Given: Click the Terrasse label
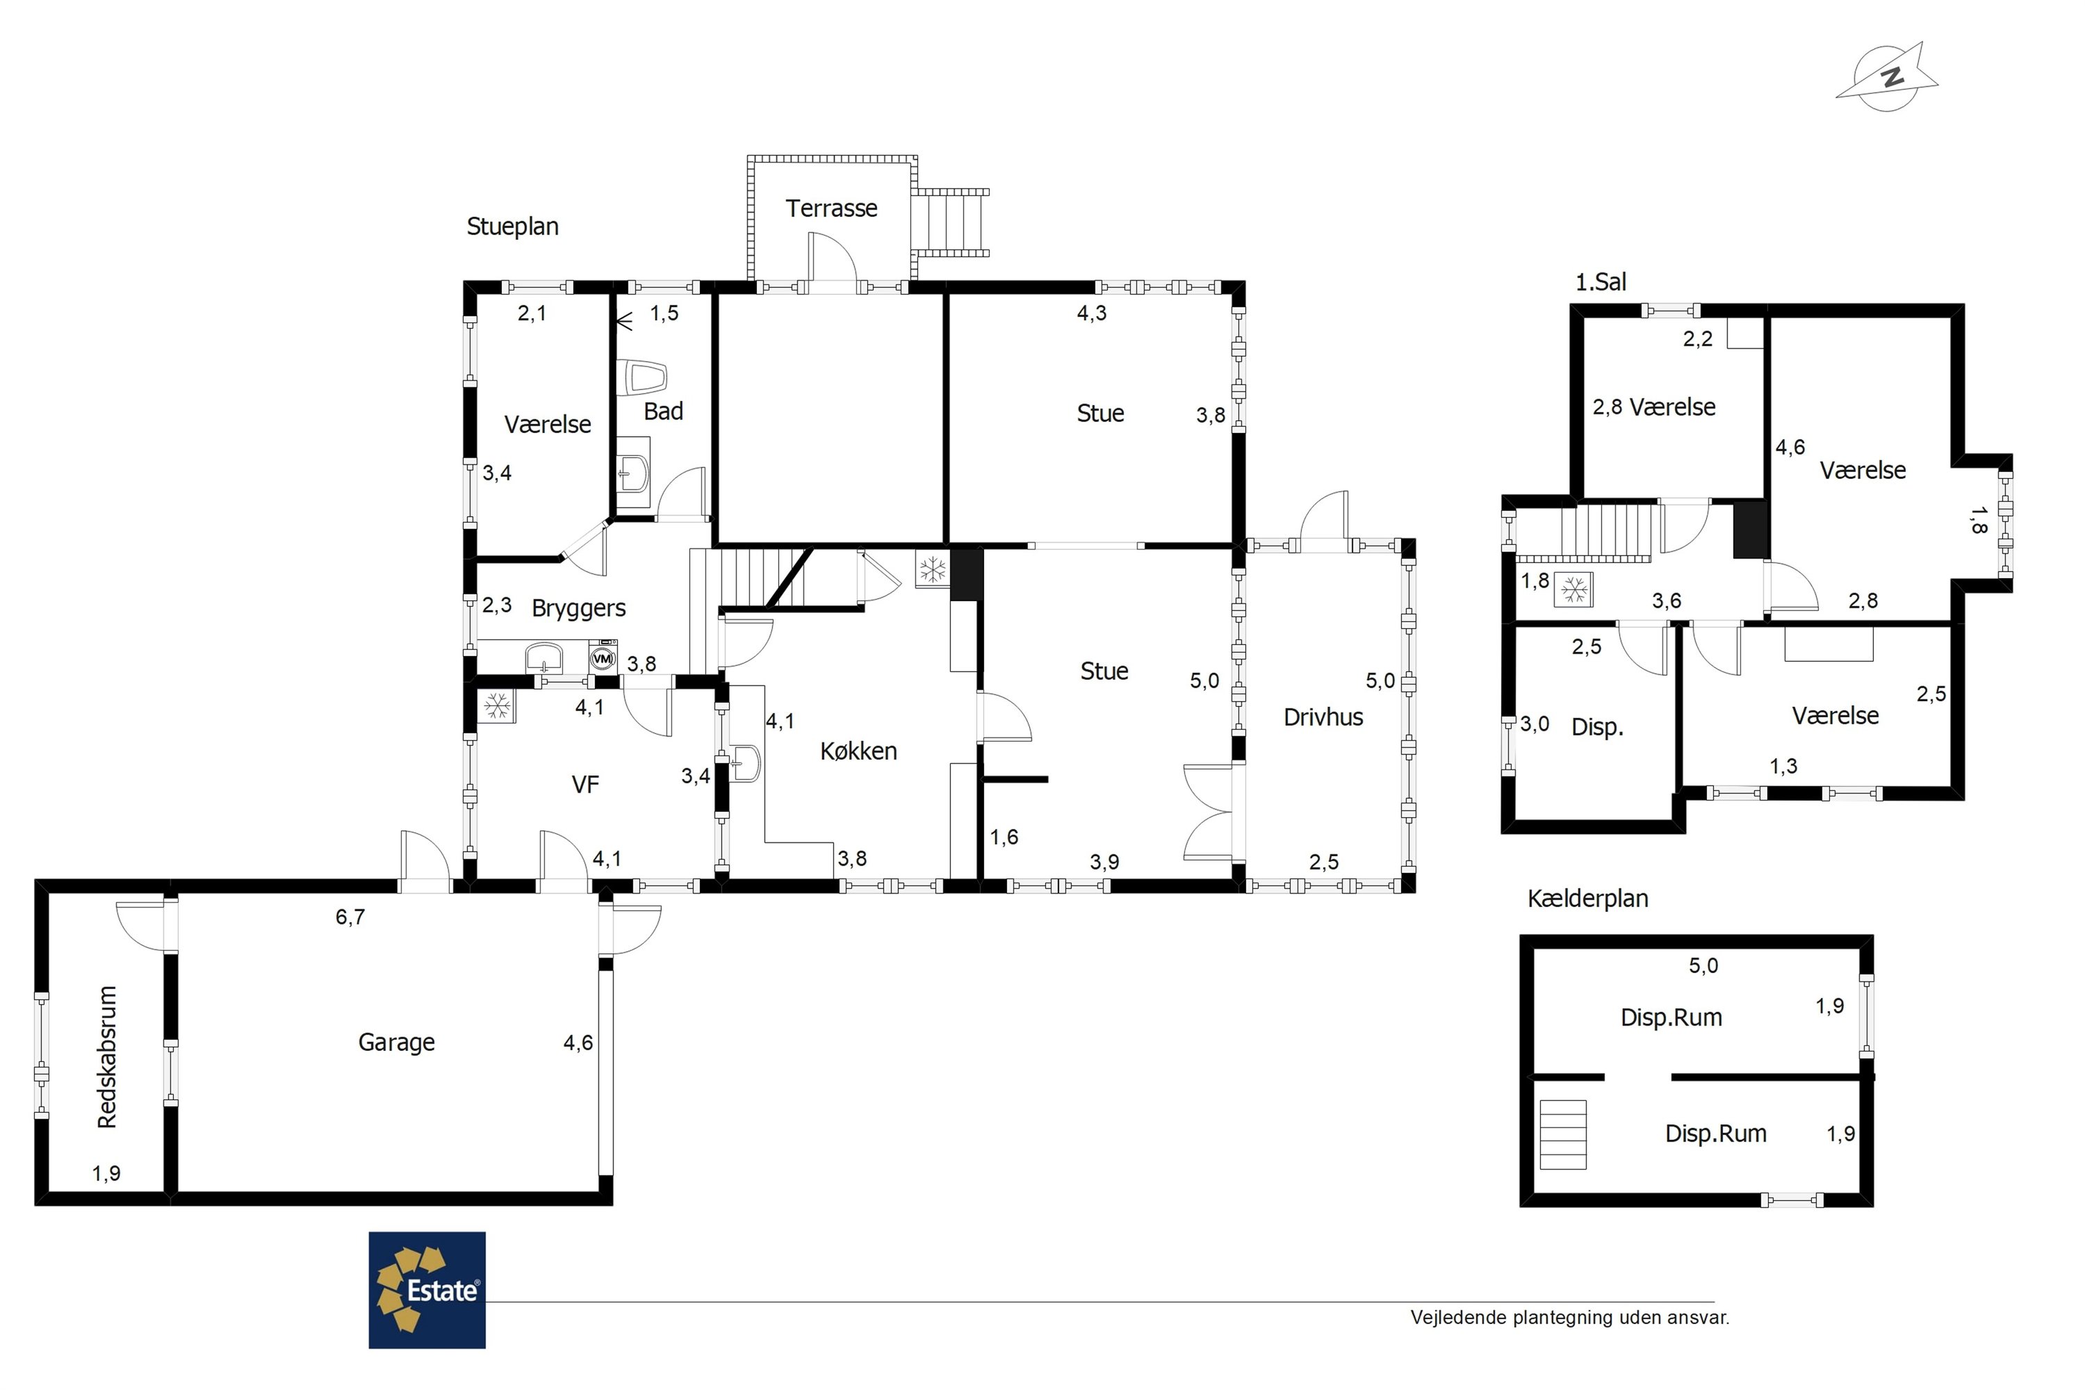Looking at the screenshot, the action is pyautogui.click(x=831, y=208).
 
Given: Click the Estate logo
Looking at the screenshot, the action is pyautogui.click(x=427, y=1290).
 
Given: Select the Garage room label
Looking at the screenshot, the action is pyautogui.click(x=396, y=1042).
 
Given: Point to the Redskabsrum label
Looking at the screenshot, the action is pyautogui.click(x=107, y=1056).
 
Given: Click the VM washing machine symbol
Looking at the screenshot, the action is pyautogui.click(x=603, y=659).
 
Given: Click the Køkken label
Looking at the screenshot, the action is pyautogui.click(x=858, y=751).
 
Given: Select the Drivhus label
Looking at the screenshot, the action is pyautogui.click(x=1323, y=717).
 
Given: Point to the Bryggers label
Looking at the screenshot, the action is pyautogui.click(x=579, y=608).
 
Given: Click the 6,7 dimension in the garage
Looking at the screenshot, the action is pyautogui.click(x=350, y=917).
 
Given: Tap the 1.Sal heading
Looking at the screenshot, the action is pyautogui.click(x=1601, y=282).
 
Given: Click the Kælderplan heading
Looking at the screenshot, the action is pyautogui.click(x=1587, y=899).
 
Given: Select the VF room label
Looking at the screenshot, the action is pyautogui.click(x=585, y=785).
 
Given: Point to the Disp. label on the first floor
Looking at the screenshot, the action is pyautogui.click(x=1597, y=728).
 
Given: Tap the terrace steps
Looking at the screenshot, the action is pyautogui.click(x=950, y=222).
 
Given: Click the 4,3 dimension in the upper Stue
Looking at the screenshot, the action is pyautogui.click(x=1092, y=313).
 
